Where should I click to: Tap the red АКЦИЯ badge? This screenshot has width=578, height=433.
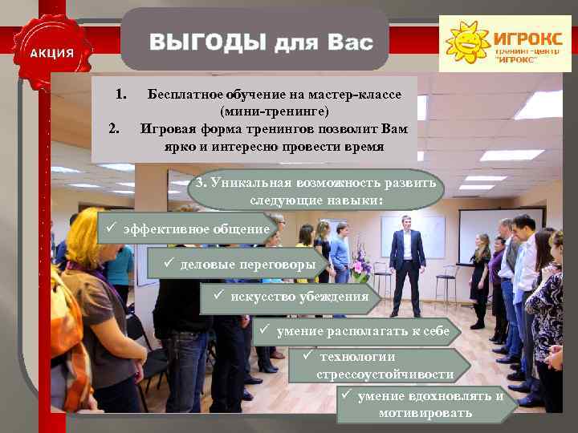coord(52,53)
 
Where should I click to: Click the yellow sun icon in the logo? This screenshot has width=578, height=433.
coord(467,42)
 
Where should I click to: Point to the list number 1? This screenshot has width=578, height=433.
coord(120,95)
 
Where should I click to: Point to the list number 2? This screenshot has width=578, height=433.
coord(115,127)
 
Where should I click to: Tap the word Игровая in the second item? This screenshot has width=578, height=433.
coord(164,127)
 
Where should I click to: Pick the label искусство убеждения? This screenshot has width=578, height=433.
coord(298,297)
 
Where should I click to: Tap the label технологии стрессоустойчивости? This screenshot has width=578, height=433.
coord(386,365)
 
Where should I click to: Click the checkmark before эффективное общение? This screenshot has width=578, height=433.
coord(112,228)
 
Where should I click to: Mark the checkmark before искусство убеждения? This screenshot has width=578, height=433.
coord(218,296)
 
